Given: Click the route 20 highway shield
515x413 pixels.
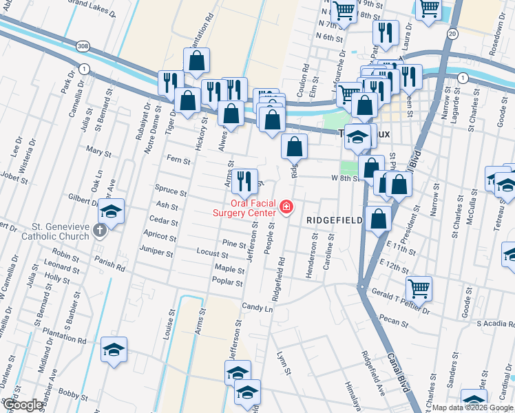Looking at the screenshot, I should click(452, 33).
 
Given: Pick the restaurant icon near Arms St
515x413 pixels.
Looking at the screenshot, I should click(244, 180).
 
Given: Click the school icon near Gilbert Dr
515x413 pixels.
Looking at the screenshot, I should click(112, 210).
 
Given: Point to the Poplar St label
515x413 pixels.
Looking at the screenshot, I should click(229, 282).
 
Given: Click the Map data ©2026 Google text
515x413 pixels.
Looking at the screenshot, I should click(472, 407).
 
